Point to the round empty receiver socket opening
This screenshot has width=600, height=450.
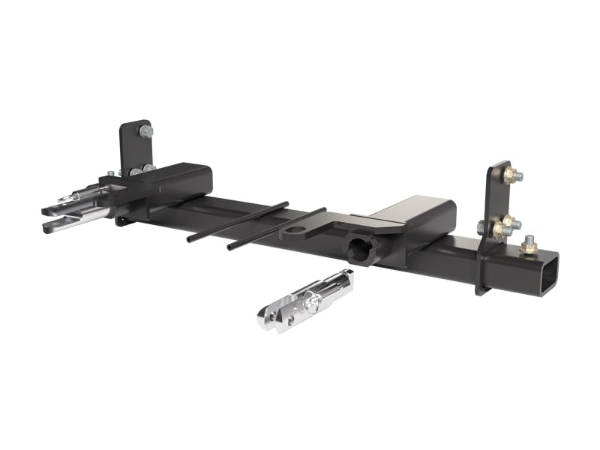point(361,251)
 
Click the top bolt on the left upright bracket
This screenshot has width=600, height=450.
point(145,131)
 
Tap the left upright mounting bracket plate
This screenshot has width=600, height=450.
point(134,147)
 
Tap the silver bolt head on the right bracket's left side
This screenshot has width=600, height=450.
point(480,226)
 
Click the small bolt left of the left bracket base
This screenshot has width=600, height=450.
point(111,173)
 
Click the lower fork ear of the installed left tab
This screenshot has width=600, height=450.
point(56,223)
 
